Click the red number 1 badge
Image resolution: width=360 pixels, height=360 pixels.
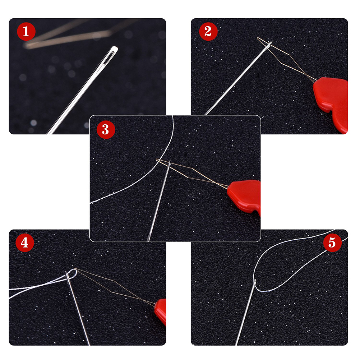click(x=26, y=32)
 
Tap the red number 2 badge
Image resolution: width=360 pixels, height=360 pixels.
click(x=208, y=32)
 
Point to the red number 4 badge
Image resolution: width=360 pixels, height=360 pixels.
click(x=25, y=243)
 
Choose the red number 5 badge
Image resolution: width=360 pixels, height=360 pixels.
click(x=332, y=243)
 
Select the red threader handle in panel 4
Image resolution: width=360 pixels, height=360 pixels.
click(x=161, y=311)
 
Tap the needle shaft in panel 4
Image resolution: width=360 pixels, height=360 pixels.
click(x=77, y=308)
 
